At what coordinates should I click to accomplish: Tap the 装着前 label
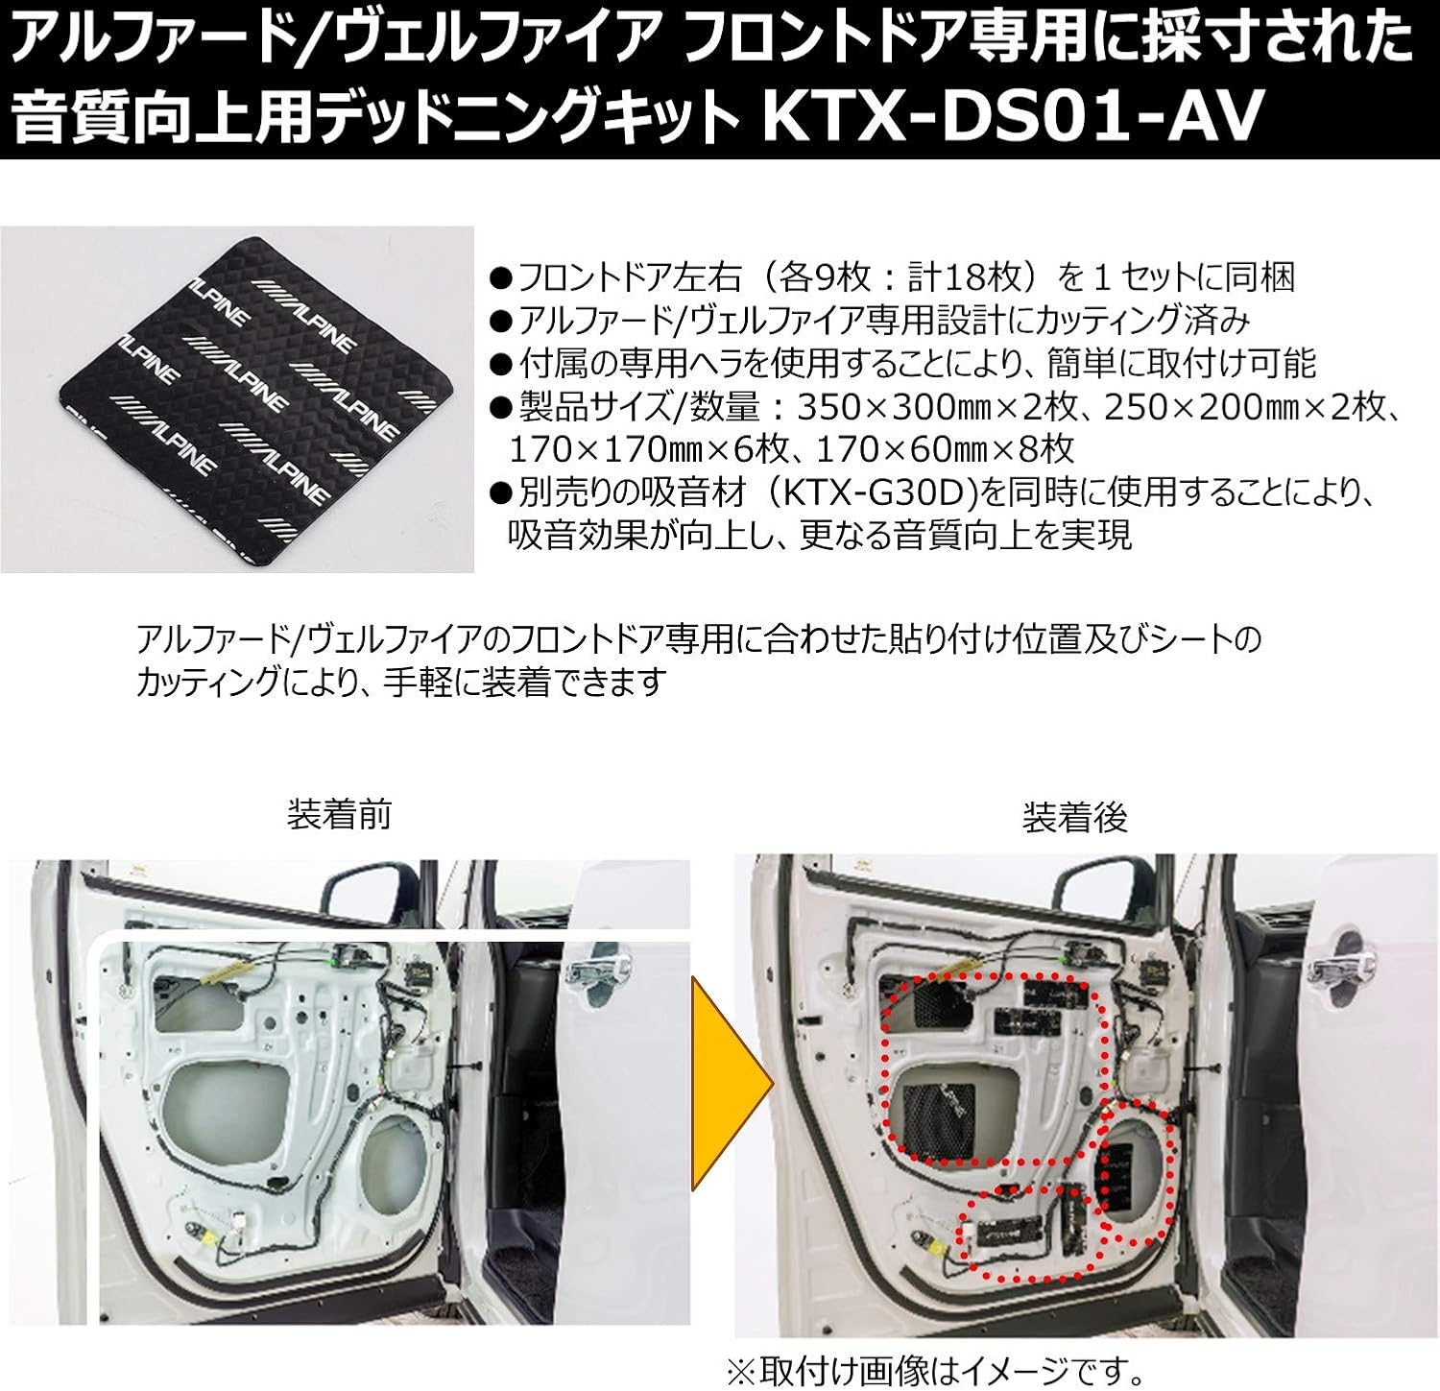340,816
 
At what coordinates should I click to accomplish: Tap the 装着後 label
1075,818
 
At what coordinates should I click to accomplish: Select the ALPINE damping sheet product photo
236,397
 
